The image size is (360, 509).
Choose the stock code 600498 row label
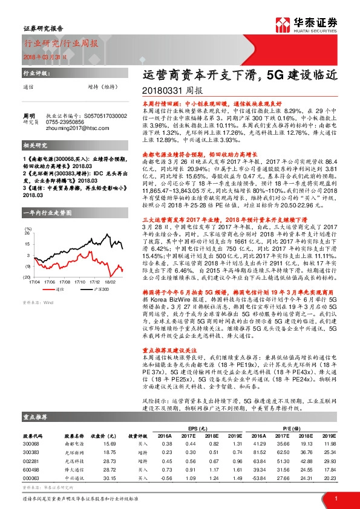31,468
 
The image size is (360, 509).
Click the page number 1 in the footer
335,499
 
